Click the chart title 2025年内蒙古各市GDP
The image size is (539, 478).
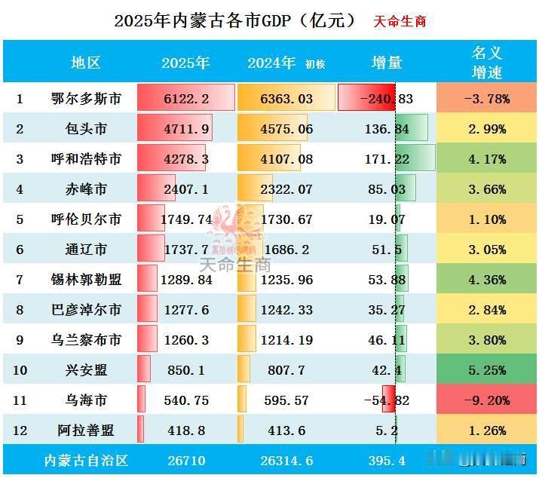pos(234,20)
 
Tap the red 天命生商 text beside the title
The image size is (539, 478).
pos(400,21)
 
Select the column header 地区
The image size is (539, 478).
pos(86,63)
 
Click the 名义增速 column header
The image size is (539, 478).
pos(487,63)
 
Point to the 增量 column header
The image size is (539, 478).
pos(387,63)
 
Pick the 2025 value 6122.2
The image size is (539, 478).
pos(185,99)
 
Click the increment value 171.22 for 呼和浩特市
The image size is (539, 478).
pos(386,159)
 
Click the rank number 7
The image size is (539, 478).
pos(20,280)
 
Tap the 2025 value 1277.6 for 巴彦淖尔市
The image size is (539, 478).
pos(185,310)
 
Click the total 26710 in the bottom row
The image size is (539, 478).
pos(185,460)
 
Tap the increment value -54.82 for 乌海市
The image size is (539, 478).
pos(386,400)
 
